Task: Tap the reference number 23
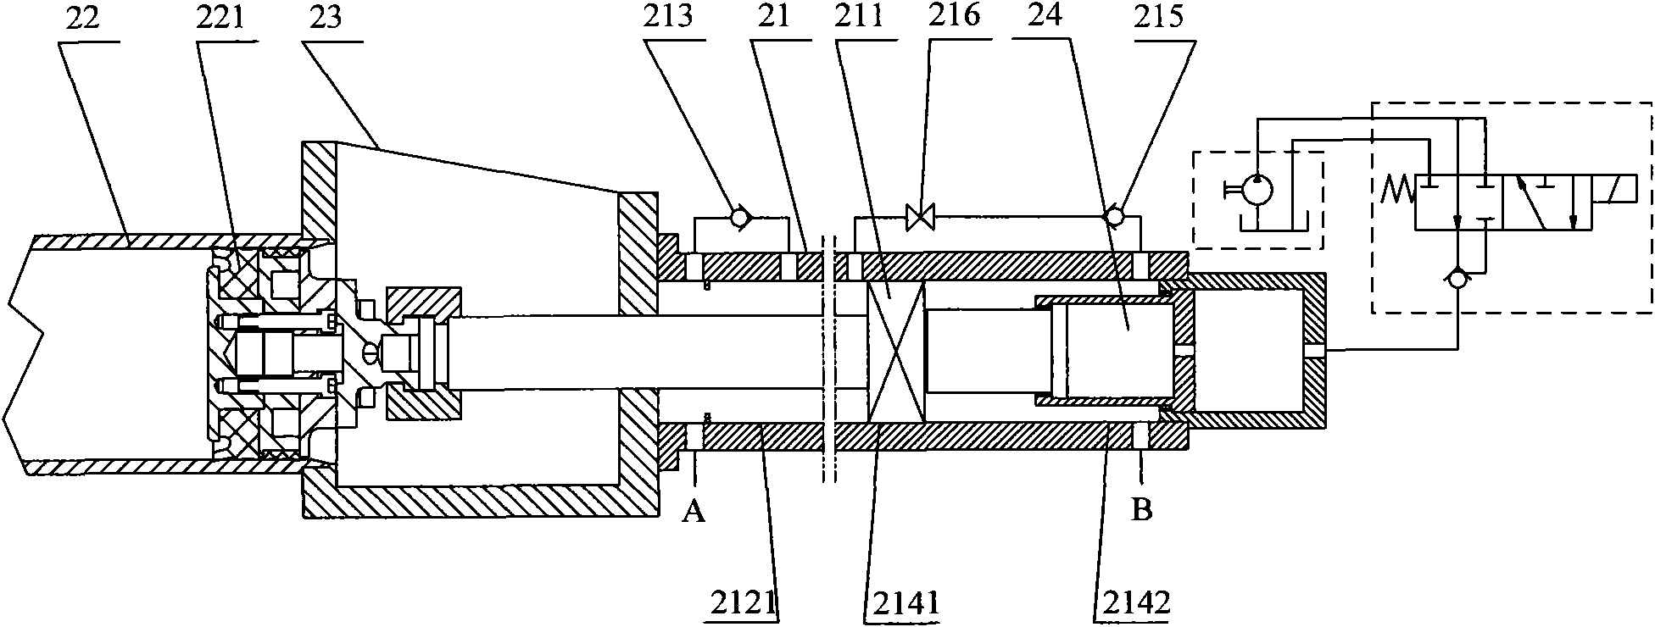(x=326, y=19)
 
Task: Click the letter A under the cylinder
(x=694, y=512)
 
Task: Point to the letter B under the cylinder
(x=1142, y=512)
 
